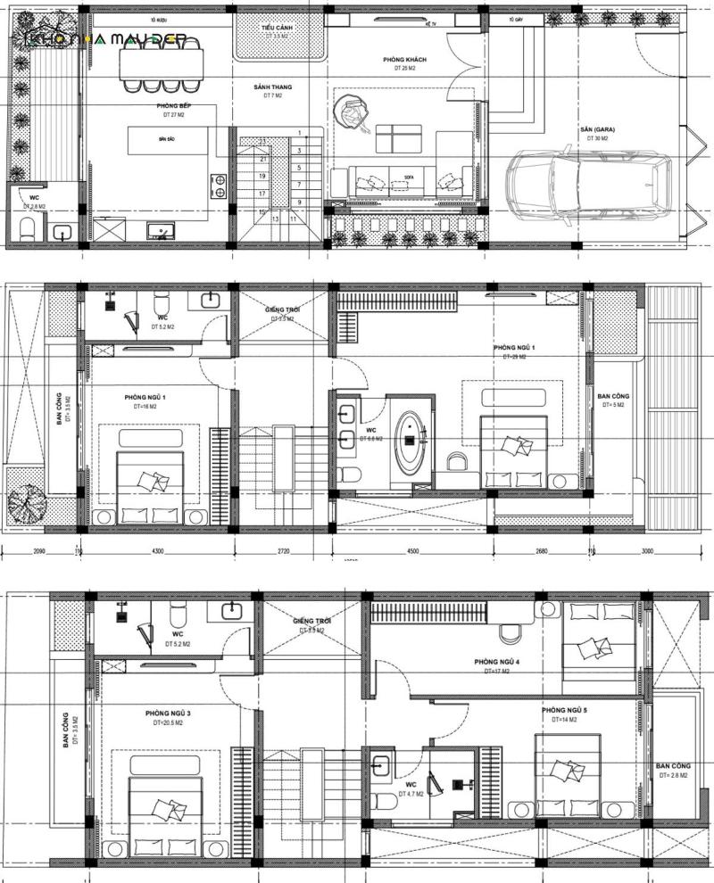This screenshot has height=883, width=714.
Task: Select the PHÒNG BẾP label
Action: tap(173, 106)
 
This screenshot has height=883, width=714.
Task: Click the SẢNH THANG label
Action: tap(272, 87)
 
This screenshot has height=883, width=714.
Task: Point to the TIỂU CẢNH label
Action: tap(279, 29)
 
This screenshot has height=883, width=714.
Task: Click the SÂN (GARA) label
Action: tap(597, 129)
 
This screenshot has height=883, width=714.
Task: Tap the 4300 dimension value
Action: tap(158, 551)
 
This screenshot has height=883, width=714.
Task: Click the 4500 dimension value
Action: tap(412, 551)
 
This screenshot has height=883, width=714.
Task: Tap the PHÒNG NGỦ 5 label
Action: tap(564, 710)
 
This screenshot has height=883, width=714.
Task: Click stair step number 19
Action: tap(263, 176)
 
